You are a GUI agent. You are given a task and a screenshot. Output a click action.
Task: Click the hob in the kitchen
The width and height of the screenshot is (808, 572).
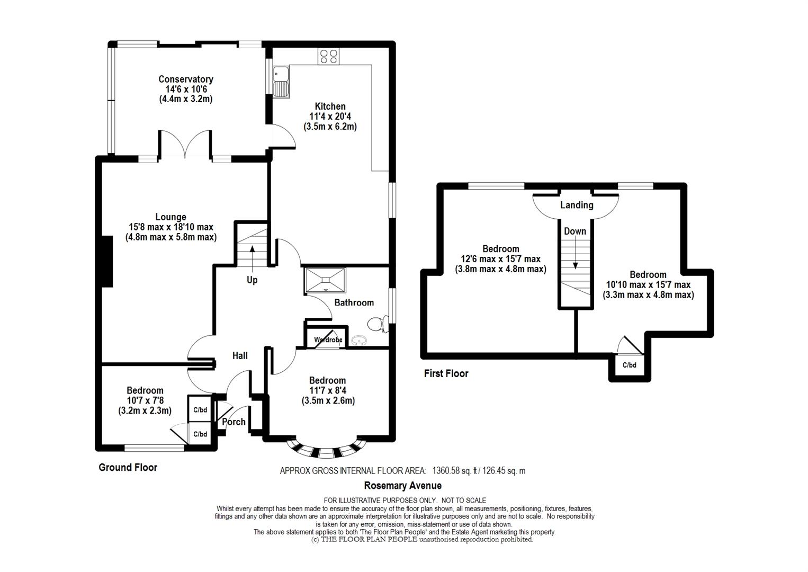(328, 56)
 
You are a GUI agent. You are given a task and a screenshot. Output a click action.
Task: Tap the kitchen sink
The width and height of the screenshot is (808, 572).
(281, 82)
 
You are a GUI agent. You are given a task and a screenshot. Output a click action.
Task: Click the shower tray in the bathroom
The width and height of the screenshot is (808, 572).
(326, 280)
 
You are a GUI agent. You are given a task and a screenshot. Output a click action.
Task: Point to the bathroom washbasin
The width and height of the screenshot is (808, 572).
(360, 339)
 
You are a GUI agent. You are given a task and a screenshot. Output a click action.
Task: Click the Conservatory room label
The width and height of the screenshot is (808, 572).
(186, 79)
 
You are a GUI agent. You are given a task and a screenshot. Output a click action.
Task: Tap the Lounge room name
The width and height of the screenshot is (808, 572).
(170, 217)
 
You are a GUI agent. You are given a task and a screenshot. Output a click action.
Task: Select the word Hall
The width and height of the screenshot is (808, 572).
(240, 355)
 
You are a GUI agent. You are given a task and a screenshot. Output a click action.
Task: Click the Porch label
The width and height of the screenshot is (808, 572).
(234, 422)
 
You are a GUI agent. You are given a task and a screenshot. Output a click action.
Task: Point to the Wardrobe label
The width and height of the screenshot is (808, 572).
(328, 339)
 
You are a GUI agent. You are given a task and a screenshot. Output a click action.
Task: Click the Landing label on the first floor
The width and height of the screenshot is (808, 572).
(577, 205)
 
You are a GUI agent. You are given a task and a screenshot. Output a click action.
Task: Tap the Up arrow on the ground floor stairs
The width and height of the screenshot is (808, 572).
(252, 258)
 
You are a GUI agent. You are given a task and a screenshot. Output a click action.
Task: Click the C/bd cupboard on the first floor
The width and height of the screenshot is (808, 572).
(630, 365)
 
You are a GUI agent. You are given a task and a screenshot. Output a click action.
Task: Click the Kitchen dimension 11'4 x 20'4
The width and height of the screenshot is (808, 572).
(330, 116)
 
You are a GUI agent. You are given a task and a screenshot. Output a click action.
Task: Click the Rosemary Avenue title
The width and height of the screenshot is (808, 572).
(402, 485)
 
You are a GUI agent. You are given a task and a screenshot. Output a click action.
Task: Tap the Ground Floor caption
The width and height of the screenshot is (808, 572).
(128, 467)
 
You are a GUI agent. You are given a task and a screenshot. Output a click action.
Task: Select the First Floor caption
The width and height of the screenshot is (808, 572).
(446, 373)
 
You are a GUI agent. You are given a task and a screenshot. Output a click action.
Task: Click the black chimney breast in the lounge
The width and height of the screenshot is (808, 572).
(107, 262)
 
